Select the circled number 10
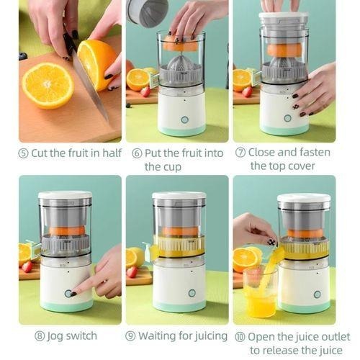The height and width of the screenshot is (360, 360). (x=240, y=336)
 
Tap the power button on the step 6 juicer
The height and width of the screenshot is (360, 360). (x=184, y=120)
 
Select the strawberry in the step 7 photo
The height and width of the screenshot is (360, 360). (x=248, y=91)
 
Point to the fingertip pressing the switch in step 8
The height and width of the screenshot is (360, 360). (x=75, y=292)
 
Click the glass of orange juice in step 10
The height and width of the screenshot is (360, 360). (x=259, y=295)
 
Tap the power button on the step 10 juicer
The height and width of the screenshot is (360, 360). (x=317, y=294)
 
